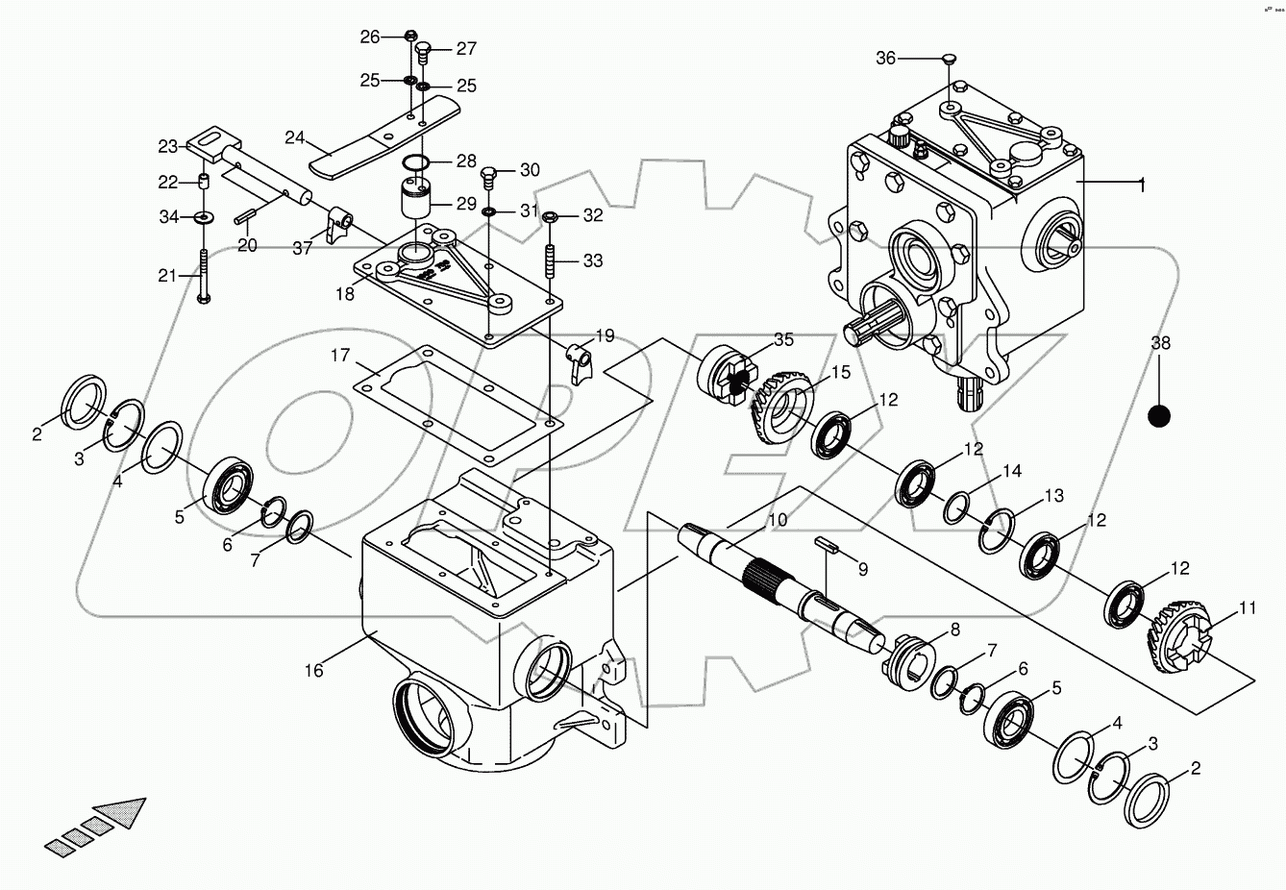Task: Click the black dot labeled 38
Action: pos(1160,415)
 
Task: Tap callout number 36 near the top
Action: pos(884,59)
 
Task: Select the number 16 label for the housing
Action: pos(314,671)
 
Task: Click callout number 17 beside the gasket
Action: pos(340,357)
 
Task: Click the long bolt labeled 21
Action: pos(204,277)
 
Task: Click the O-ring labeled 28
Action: pos(415,161)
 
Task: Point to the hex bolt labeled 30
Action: pos(489,175)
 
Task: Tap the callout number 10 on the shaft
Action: pos(777,520)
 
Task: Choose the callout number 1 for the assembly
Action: pos(1141,183)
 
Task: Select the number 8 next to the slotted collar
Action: pos(954,630)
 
